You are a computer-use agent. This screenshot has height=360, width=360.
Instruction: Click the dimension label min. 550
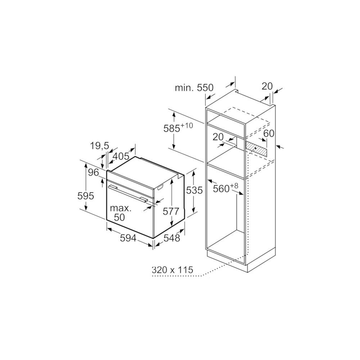coord(194,88)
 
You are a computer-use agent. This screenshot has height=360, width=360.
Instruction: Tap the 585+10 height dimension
coord(178,128)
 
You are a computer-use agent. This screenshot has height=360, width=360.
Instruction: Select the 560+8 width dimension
coord(226,188)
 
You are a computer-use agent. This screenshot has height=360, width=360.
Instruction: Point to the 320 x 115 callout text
coord(172,270)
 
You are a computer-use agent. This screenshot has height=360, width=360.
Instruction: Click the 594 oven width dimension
coord(128,238)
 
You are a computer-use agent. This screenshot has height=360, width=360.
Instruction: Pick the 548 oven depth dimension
coord(171,238)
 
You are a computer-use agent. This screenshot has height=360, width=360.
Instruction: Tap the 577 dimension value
coord(171,211)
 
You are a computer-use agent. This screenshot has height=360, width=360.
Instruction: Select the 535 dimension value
coord(194,190)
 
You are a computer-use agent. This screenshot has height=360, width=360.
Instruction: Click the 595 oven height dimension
coord(86,196)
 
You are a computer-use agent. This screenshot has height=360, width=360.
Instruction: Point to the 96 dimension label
coord(94,172)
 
